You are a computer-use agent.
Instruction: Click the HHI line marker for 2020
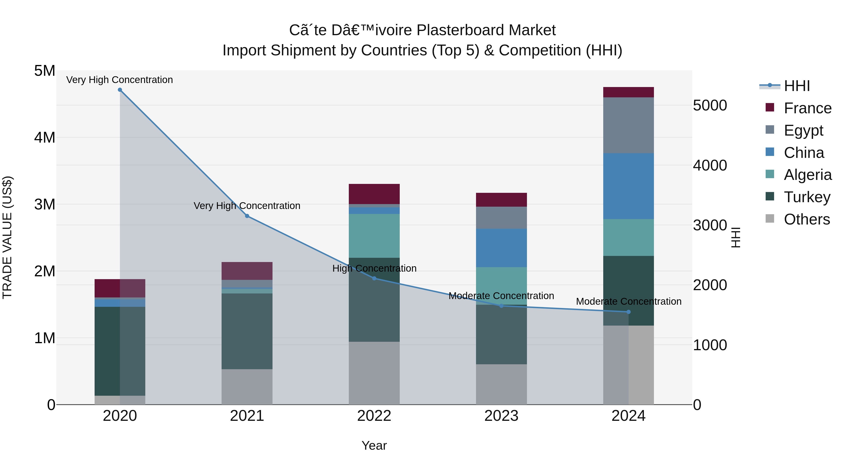coord(120,90)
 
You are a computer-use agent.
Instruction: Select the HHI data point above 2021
coord(247,216)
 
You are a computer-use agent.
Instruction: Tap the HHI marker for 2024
coord(629,312)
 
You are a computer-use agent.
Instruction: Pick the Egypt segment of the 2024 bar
coord(629,125)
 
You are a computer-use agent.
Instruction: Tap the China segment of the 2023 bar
coord(501,248)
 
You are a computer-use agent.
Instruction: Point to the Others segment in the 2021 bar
coord(247,387)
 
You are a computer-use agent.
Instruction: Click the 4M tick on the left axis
coord(45,137)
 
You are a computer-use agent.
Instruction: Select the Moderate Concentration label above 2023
coord(501,296)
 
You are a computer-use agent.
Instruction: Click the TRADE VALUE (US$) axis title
coord(7,237)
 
